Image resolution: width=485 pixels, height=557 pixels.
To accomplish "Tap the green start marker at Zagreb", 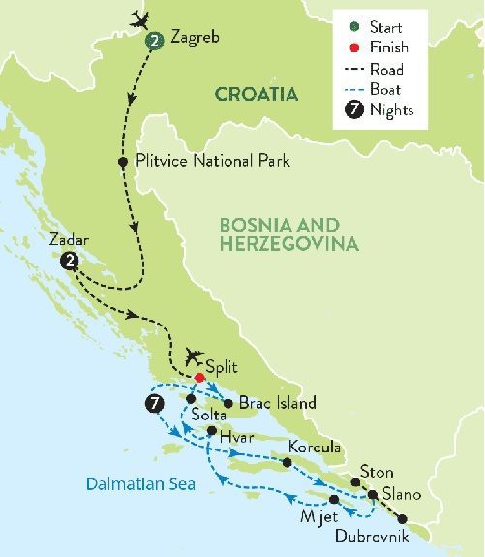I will pos(154,41).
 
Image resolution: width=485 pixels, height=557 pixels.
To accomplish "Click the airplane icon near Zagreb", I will pos(141,17).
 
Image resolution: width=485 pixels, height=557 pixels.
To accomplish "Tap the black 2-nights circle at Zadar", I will pos(68,261).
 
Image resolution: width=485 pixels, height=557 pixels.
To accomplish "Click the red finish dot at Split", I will pos(199,378).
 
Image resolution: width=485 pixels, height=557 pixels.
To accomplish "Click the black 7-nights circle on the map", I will pos(151,403).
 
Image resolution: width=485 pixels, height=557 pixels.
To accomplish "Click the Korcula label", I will pos(314,449).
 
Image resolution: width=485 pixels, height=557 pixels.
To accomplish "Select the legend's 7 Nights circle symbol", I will pos(354,110).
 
